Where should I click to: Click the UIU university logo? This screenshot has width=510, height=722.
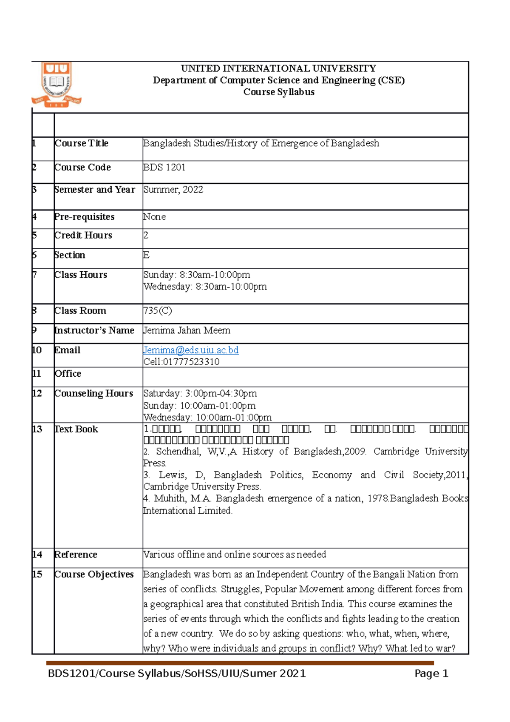coord(57,85)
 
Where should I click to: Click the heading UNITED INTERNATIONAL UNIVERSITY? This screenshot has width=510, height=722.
coord(278,68)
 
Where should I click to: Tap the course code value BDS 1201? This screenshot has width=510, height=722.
coord(164,168)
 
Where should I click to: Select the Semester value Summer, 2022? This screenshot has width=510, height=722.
coord(173,190)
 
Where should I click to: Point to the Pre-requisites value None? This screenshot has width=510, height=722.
coord(155,217)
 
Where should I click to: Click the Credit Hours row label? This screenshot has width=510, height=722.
coord(83,236)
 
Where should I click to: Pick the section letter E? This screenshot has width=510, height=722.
coord(147,255)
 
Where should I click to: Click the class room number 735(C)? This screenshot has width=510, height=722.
coord(158,311)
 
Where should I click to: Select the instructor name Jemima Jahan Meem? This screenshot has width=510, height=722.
coord(187,330)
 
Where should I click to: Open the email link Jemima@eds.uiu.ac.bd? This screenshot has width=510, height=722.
coord(191,350)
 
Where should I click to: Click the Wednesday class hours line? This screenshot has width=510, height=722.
coord(205,287)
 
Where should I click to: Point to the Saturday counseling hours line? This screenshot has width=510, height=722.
coord(200,394)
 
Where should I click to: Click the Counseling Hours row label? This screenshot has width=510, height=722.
coord(93,394)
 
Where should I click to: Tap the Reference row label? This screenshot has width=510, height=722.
coord(76,555)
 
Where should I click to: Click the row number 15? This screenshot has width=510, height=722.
coord(37,574)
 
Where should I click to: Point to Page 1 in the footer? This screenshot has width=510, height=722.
coord(431,674)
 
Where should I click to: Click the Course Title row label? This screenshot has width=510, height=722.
coord(82,143)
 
